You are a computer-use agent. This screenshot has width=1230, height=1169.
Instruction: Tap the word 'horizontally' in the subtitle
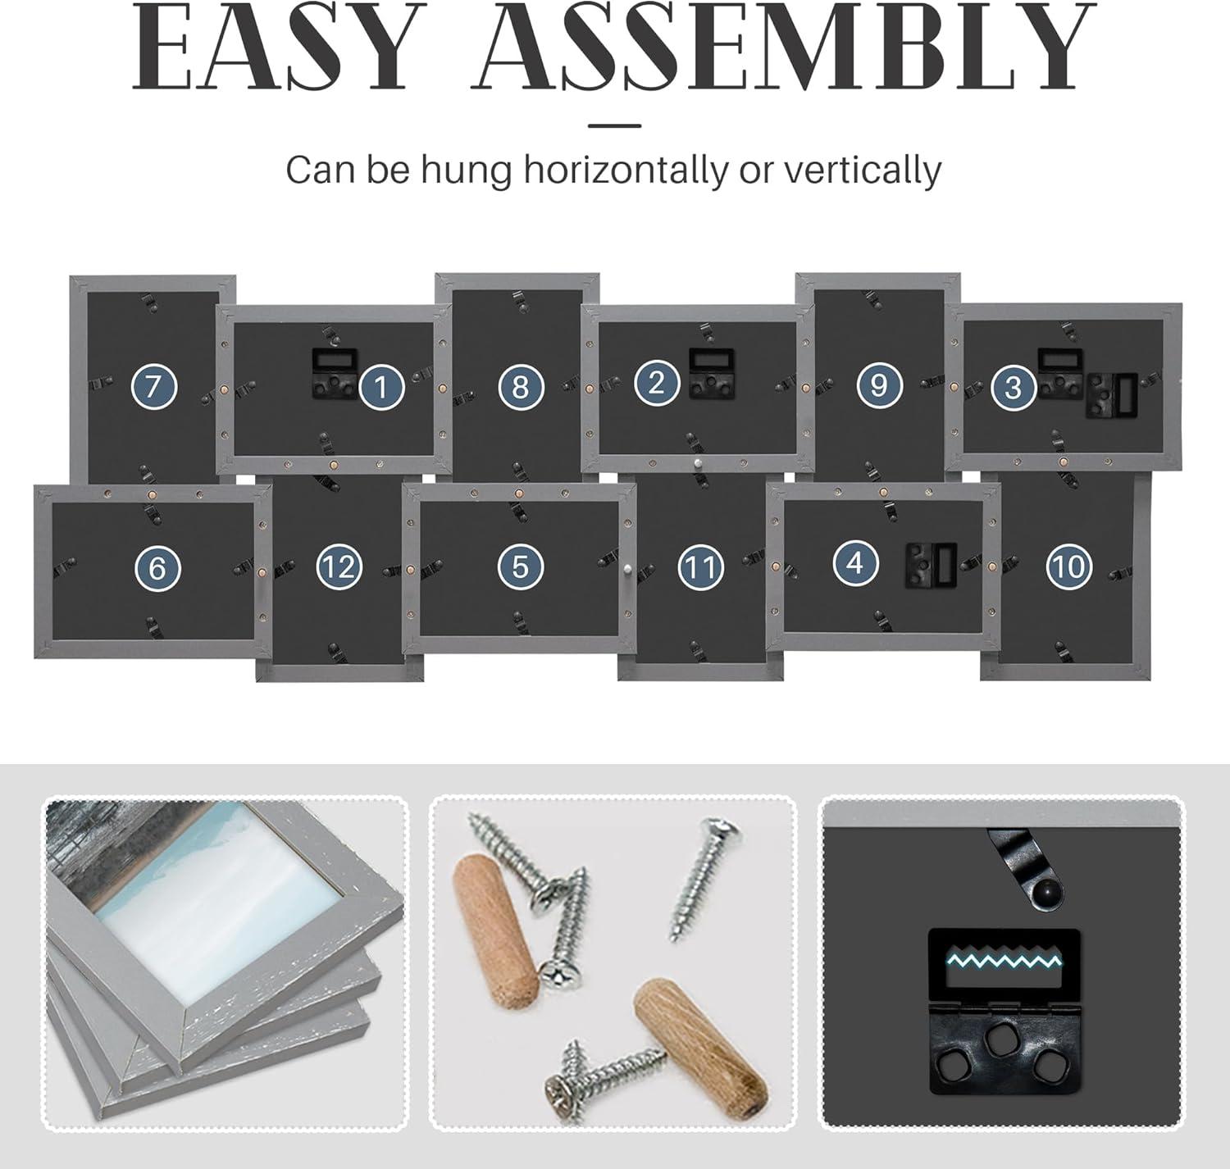[x=626, y=171]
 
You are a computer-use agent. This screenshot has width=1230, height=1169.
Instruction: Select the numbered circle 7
[x=154, y=387]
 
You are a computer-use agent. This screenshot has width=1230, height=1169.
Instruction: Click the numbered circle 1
[x=381, y=387]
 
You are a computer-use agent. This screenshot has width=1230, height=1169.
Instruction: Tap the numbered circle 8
[x=521, y=387]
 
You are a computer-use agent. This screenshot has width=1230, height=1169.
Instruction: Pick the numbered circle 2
[x=656, y=383]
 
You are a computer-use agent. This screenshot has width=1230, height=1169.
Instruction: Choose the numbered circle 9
[x=878, y=384]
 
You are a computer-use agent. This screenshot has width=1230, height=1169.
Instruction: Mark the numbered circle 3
[x=1013, y=387]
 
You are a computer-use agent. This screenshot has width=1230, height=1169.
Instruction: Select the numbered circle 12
[x=339, y=566]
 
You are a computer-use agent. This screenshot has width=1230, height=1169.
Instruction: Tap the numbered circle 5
[x=520, y=566]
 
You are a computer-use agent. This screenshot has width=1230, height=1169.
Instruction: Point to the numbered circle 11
[x=701, y=567]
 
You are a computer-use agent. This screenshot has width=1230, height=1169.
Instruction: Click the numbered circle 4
[x=855, y=563]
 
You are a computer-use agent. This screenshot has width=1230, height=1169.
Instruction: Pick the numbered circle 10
[x=1069, y=566]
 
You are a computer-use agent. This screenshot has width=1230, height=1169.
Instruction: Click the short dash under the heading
[x=614, y=125]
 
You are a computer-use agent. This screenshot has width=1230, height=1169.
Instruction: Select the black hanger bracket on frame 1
[x=335, y=374]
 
